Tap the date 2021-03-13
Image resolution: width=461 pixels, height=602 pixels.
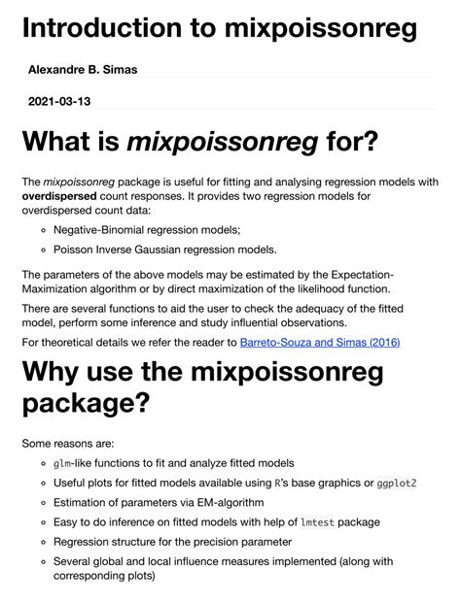61,101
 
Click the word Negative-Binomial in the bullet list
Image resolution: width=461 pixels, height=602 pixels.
107,230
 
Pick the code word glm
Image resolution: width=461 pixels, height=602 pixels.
63,463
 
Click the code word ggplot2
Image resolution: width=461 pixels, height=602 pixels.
406,483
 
